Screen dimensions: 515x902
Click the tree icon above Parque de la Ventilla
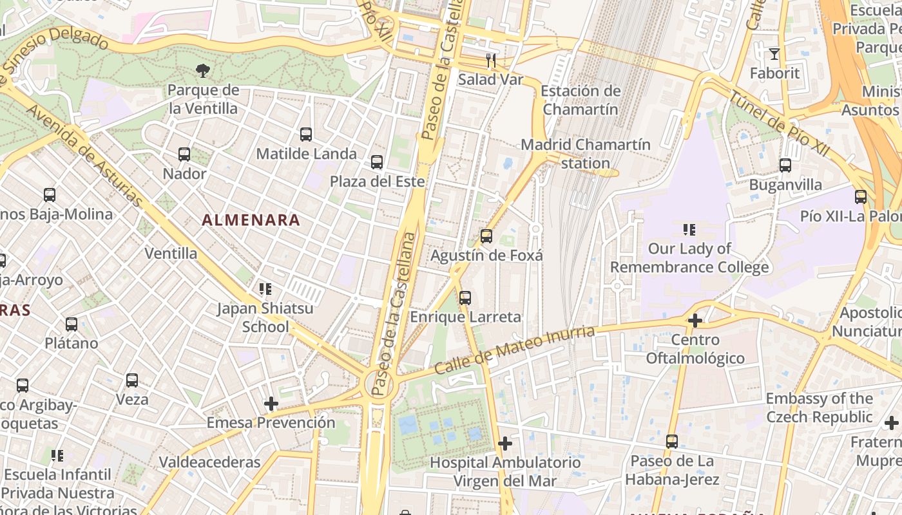[203, 70]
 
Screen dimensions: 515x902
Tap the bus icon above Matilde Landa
[306, 135]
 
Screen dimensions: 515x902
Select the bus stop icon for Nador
[184, 154]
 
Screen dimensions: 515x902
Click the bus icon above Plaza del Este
[377, 162]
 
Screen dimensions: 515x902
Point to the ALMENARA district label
[251, 220]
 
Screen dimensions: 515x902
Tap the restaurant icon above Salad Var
[491, 61]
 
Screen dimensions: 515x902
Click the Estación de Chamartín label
[581, 100]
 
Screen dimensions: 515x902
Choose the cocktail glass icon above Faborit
[774, 54]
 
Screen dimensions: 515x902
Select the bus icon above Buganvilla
[785, 165]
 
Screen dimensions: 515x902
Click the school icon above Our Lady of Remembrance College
[689, 229]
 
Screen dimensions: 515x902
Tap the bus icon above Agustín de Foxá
[486, 236]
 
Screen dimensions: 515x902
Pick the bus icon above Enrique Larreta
[465, 298]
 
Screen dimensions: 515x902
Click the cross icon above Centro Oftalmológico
[695, 320]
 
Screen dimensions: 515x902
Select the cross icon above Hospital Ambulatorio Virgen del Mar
[505, 444]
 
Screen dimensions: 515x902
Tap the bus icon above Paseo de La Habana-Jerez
[672, 442]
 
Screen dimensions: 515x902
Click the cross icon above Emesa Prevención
[271, 404]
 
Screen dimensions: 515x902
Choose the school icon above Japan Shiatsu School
[265, 289]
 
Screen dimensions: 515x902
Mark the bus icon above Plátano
[72, 324]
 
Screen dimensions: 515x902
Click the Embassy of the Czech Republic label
[819, 407]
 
